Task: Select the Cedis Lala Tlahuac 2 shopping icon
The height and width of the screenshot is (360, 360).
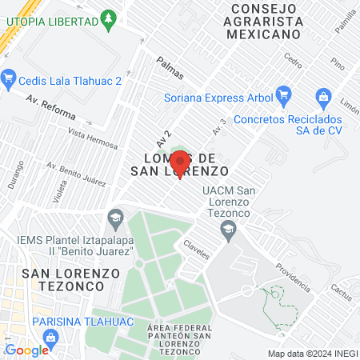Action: [x=10, y=78]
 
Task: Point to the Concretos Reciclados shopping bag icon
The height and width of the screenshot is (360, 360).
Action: [x=323, y=96]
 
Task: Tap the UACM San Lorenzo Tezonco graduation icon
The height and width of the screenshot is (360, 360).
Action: [x=229, y=230]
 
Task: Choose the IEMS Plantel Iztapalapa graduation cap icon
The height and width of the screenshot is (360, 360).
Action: [x=116, y=217]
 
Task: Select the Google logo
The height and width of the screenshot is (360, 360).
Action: [x=26, y=350]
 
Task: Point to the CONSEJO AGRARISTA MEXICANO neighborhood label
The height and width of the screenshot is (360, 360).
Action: [x=264, y=22]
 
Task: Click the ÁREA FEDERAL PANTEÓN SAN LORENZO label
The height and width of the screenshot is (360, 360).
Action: [x=180, y=336]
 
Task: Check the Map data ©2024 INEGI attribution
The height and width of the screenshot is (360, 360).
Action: [x=312, y=354]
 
